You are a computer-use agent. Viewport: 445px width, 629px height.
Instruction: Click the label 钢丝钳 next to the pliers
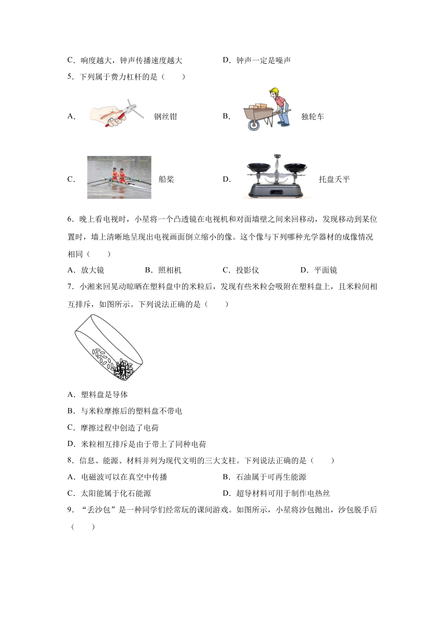(x=165, y=117)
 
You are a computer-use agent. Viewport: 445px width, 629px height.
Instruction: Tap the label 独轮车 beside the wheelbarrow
(x=312, y=117)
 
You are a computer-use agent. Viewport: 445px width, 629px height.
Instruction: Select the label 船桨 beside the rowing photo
(x=166, y=179)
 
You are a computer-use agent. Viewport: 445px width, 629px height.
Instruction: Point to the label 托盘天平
(x=334, y=179)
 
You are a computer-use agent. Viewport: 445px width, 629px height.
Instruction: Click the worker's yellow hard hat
(x=274, y=92)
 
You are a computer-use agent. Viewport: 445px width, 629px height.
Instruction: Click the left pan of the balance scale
(x=259, y=166)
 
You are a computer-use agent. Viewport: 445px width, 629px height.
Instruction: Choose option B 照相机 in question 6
(x=163, y=270)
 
